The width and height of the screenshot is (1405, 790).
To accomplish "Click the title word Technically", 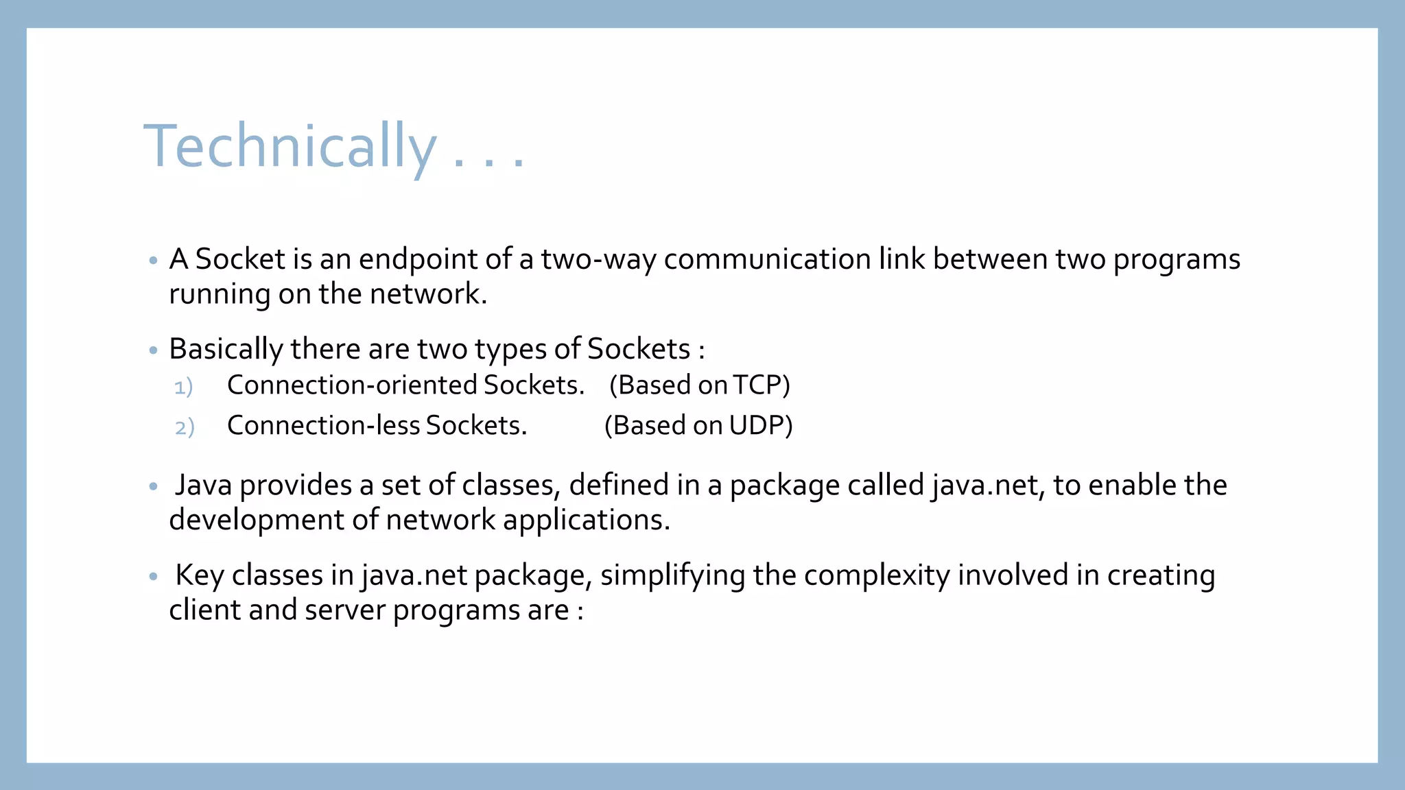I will [290, 145].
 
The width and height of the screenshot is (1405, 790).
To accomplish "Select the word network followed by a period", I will [428, 294].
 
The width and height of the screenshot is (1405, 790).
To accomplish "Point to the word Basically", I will [226, 349].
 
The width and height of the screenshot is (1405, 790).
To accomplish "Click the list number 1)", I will [183, 387].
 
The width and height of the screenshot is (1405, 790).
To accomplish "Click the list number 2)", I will [185, 427].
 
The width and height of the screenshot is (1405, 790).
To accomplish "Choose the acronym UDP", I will [756, 425].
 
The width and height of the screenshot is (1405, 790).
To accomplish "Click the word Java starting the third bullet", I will [203, 485].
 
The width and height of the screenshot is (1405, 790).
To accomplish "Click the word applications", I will [586, 520].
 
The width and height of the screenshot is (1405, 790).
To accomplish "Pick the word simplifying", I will [672, 575].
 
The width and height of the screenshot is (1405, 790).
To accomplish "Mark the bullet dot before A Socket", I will [153, 261].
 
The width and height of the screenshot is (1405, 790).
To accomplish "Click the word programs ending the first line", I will [1176, 259].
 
